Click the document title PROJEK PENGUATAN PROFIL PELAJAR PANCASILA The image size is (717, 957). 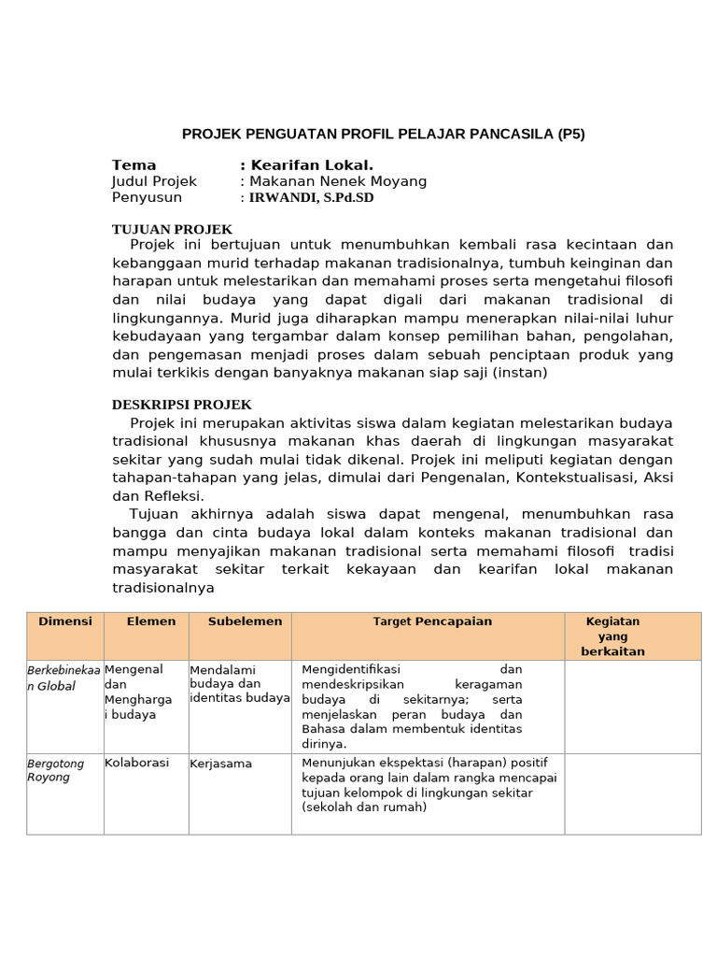[x=383, y=134]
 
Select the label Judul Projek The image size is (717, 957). [x=154, y=181]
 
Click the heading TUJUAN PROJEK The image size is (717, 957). [x=172, y=229]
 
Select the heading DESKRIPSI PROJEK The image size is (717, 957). [x=181, y=405]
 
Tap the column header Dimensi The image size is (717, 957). [x=64, y=621]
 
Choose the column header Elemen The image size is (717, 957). [x=151, y=621]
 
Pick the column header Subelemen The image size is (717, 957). [x=245, y=621]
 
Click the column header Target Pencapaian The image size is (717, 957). [x=432, y=621]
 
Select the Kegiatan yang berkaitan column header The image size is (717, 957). [x=612, y=636]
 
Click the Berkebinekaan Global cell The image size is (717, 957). [x=64, y=678]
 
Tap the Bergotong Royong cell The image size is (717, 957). [x=55, y=770]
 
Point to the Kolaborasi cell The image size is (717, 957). [x=136, y=763]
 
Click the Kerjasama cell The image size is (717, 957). [x=221, y=764]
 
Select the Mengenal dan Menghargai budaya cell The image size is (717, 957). [x=134, y=692]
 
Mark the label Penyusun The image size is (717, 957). [x=147, y=198]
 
